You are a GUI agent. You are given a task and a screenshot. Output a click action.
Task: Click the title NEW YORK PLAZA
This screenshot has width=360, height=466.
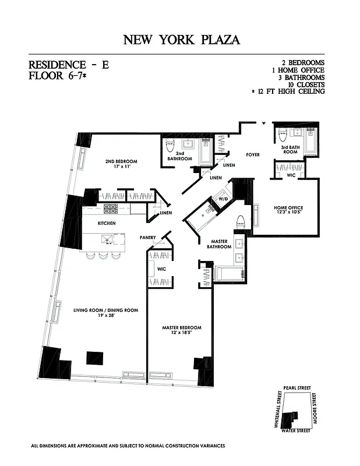(x=181, y=40)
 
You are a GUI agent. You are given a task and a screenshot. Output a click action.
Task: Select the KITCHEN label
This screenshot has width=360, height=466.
(x=106, y=223)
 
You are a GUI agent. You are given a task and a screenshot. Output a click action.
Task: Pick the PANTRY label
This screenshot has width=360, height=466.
(x=147, y=238)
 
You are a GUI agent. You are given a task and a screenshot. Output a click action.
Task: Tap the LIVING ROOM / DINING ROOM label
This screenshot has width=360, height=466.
(x=106, y=313)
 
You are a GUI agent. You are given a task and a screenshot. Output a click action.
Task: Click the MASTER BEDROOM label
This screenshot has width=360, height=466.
(x=181, y=330)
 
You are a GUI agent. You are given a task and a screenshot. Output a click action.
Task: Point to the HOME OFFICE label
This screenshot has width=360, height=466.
(x=288, y=211)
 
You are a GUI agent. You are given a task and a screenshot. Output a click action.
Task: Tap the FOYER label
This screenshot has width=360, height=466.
(x=253, y=155)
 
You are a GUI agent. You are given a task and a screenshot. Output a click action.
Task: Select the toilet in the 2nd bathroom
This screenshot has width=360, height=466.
(x=171, y=146)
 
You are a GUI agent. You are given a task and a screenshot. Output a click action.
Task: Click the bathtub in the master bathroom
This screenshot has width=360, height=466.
(x=228, y=274)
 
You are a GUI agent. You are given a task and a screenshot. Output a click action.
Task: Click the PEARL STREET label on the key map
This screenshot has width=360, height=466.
(x=297, y=387)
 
